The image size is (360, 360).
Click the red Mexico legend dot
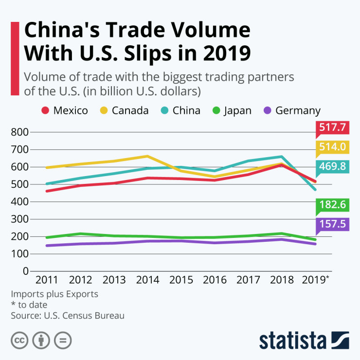point(46,110)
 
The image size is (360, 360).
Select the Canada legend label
point(130,110)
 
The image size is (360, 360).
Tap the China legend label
point(186,110)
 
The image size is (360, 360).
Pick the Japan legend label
point(237,110)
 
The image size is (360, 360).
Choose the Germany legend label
point(298,110)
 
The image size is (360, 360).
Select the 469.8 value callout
point(333,167)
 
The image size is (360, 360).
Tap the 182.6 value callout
point(333,205)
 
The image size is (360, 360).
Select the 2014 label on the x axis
point(147,280)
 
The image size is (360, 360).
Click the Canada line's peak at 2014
point(147,156)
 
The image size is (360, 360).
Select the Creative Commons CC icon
point(19,341)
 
